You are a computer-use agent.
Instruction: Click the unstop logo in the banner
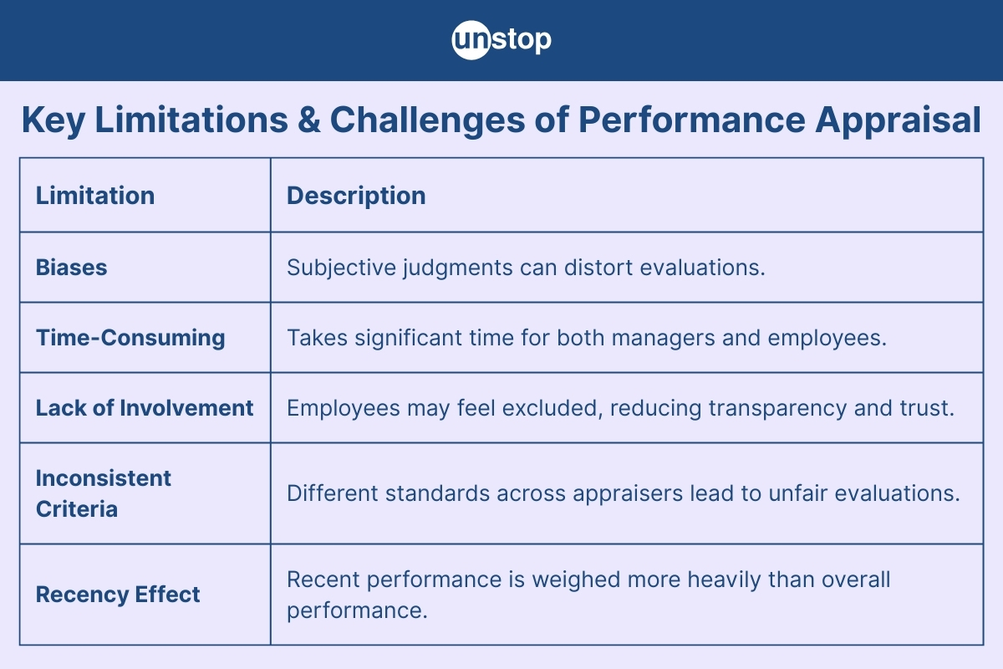(x=501, y=40)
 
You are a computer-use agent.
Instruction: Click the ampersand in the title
(x=308, y=120)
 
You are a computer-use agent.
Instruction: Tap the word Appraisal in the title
(x=898, y=121)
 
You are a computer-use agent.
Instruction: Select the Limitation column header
(x=95, y=196)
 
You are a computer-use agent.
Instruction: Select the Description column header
(x=356, y=197)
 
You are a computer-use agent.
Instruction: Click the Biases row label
(x=71, y=268)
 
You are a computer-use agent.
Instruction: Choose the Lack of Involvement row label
(x=144, y=408)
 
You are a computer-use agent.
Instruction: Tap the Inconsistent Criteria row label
(x=104, y=493)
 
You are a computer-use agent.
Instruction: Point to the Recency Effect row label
(x=118, y=595)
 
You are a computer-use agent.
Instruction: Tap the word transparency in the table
(x=777, y=409)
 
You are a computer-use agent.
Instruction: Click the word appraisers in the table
(x=628, y=494)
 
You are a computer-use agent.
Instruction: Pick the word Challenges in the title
(x=427, y=121)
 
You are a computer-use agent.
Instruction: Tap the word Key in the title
(x=53, y=121)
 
